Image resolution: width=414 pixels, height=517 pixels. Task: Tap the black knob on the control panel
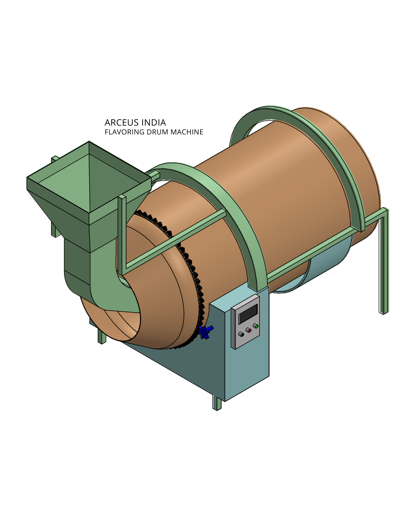click(241, 334)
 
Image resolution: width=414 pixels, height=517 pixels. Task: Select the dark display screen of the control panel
click(248, 314)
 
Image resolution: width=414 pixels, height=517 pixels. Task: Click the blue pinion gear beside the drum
click(205, 331)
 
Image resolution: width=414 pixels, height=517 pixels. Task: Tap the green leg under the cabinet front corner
click(217, 404)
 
